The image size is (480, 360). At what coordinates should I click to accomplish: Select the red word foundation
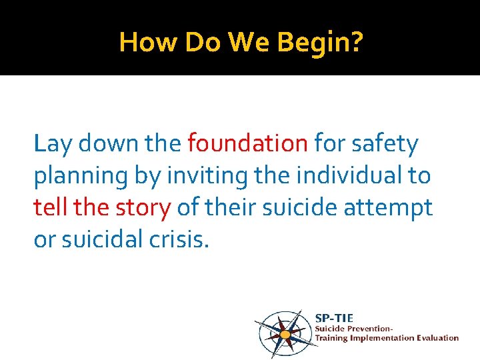coord(247,143)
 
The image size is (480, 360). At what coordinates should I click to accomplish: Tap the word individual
coord(344,175)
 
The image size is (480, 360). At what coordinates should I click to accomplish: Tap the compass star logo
coord(285,332)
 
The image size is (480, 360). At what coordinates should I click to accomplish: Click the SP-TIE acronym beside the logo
coord(334,318)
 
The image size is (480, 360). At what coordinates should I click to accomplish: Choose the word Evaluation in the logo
coord(436,338)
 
